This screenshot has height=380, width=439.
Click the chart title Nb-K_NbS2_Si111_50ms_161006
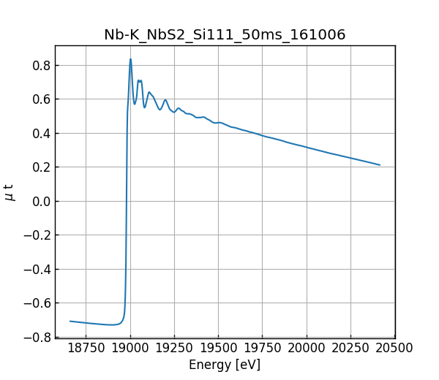(225, 35)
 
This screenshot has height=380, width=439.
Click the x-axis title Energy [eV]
(225, 365)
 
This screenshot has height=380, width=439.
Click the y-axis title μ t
(10, 192)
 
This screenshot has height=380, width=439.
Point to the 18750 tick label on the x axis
(86, 349)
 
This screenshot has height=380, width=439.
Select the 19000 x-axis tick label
(130, 349)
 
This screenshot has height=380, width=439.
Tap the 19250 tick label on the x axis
(174, 349)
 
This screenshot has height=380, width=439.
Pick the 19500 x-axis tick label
(219, 349)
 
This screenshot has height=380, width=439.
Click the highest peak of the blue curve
(130, 59)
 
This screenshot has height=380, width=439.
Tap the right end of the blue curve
(380, 165)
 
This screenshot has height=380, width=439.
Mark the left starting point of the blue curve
(70, 321)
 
